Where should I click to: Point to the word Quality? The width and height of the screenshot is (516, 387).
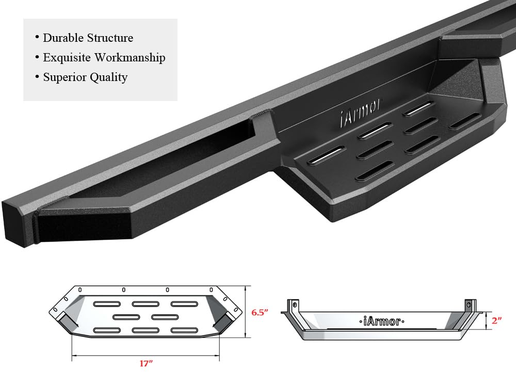(x=108, y=77)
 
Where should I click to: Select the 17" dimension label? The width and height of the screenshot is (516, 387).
(x=147, y=364)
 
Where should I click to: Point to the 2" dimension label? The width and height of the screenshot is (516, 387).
(x=497, y=320)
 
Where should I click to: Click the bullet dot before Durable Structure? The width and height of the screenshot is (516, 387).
(x=37, y=38)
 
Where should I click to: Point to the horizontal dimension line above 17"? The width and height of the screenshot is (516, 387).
(x=146, y=355)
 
